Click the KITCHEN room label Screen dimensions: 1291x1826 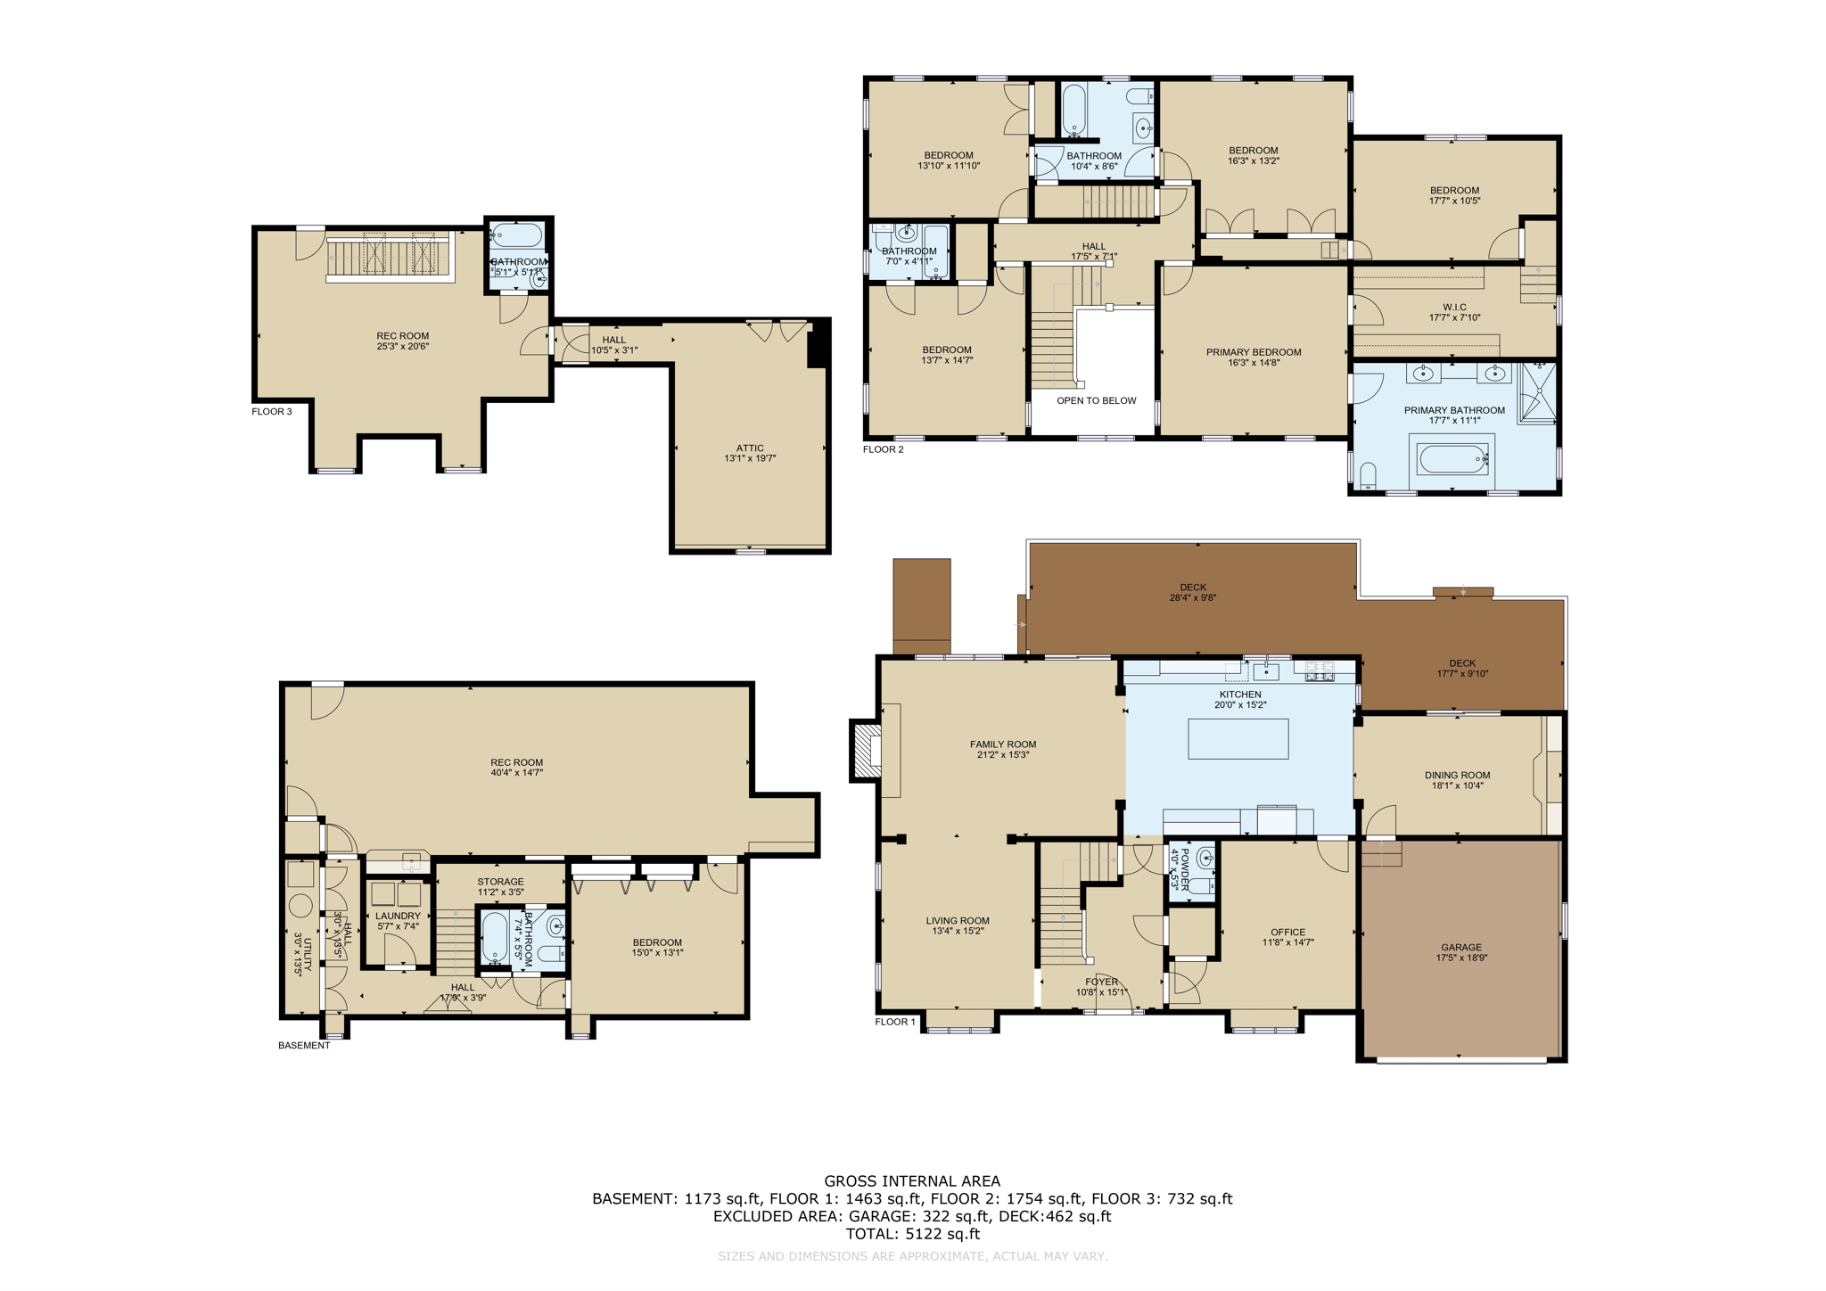point(1239,695)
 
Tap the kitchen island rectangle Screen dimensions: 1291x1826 point(1238,738)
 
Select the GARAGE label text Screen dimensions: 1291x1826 point(1460,948)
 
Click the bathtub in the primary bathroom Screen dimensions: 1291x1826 point(1453,459)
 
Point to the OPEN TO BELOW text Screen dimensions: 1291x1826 point(1096,400)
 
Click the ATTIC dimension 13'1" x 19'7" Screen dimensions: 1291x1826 point(750,458)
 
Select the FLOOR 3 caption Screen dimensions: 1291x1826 point(271,412)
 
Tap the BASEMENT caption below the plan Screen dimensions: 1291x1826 point(304,1046)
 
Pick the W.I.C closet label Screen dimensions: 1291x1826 point(1454,307)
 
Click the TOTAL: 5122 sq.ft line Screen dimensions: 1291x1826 point(912,1234)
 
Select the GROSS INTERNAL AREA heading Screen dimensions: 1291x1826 point(912,1181)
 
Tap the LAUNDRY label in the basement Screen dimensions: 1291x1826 point(398,916)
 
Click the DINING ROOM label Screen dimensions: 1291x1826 point(1457,776)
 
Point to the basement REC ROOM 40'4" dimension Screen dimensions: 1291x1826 point(516,773)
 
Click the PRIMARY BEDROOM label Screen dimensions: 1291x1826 point(1254,352)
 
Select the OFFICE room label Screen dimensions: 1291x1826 point(1287,932)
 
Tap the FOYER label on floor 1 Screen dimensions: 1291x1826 point(1102,982)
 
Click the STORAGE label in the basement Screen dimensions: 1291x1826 point(500,882)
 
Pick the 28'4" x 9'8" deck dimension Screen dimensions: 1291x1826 point(1192,598)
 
